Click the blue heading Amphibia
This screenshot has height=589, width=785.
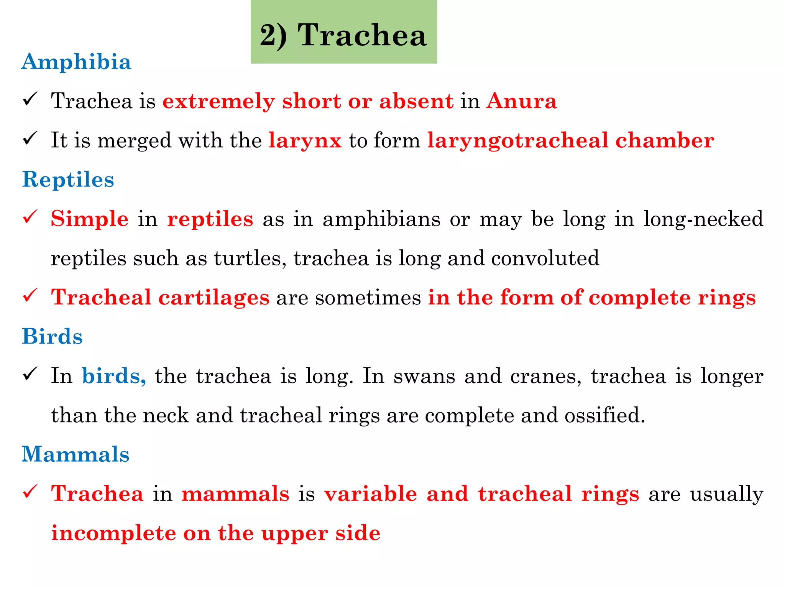[76, 62]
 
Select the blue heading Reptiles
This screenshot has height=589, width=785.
[68, 179]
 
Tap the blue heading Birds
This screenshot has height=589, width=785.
[53, 337]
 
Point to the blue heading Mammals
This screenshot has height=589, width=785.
[76, 454]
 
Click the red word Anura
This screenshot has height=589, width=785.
[521, 101]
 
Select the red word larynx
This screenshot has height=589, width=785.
[305, 141]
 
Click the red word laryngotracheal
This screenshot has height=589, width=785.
[518, 141]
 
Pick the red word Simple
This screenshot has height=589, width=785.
[90, 219]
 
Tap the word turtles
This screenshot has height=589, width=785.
[250, 258]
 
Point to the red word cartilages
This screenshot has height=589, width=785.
[214, 298]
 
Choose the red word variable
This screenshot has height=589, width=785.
[371, 494]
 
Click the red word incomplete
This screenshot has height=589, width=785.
[113, 533]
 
